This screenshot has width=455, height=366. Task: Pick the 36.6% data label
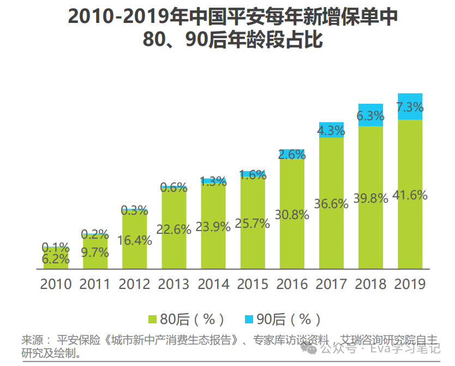pyautogui.click(x=331, y=204)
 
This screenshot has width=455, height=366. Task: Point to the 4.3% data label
pyautogui.click(x=331, y=131)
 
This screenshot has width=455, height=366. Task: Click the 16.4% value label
pyautogui.click(x=134, y=240)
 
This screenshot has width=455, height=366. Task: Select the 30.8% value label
pyautogui.click(x=292, y=215)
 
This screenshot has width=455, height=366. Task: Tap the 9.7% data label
pyautogui.click(x=95, y=252)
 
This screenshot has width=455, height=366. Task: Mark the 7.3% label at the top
pyautogui.click(x=410, y=107)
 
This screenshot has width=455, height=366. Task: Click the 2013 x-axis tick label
pyautogui.click(x=173, y=285)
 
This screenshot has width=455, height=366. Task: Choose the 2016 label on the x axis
pyautogui.click(x=292, y=285)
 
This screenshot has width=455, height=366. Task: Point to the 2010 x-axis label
pyautogui.click(x=56, y=285)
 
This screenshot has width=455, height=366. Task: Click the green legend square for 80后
pyautogui.click(x=152, y=319)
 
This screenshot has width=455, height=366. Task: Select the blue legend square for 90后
pyautogui.click(x=249, y=319)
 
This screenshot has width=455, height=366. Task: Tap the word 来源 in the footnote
pyautogui.click(x=32, y=340)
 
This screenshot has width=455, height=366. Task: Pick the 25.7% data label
pyautogui.click(x=253, y=223)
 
